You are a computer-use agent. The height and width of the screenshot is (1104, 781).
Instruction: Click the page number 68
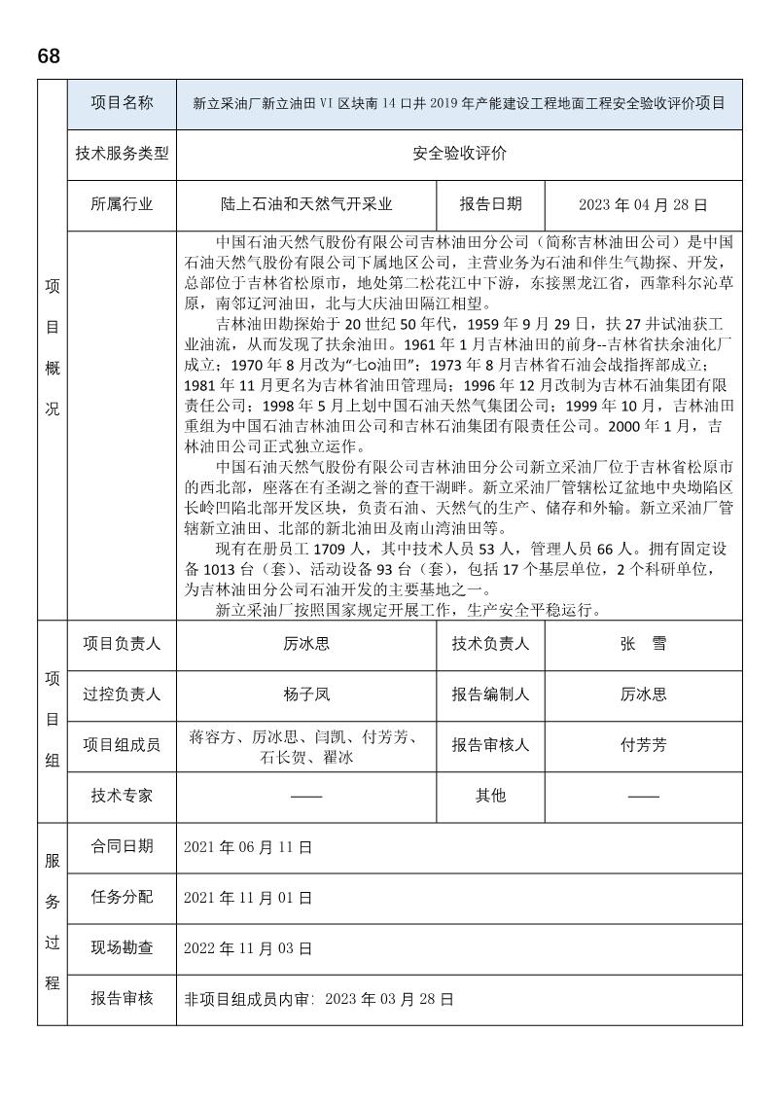[x=49, y=56]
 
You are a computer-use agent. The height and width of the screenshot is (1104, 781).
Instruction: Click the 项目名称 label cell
[x=122, y=103]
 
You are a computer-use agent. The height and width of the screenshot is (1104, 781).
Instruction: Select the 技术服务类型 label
[x=122, y=154]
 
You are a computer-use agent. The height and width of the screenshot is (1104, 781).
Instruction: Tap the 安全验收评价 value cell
[x=459, y=154]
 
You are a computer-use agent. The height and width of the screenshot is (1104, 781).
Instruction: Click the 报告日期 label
[x=491, y=204]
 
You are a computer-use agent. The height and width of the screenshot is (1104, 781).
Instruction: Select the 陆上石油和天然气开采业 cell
[x=306, y=205]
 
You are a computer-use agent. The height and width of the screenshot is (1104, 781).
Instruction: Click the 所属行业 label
[x=122, y=204]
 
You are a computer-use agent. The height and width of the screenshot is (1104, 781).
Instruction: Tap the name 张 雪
[x=643, y=644]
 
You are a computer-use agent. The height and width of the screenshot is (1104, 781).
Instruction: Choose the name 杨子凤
[x=306, y=694]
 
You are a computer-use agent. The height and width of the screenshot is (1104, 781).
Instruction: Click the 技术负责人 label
[x=491, y=644]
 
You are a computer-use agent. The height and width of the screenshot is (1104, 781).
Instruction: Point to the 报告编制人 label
[x=491, y=694]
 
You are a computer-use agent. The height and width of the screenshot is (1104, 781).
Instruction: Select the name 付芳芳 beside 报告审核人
[x=643, y=745]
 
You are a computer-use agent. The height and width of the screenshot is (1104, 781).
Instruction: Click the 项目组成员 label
[x=122, y=745]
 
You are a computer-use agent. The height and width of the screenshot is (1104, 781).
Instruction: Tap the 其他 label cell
[x=491, y=796]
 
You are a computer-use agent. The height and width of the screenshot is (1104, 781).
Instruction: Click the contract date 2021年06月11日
[x=248, y=847]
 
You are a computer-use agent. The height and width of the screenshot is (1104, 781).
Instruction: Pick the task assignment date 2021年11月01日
[x=248, y=897]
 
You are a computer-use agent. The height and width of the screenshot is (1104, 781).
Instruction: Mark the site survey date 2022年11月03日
[x=248, y=947]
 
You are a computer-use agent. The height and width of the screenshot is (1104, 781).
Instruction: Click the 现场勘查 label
[x=122, y=947]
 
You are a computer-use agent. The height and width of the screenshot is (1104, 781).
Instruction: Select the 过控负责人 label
[x=122, y=694]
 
